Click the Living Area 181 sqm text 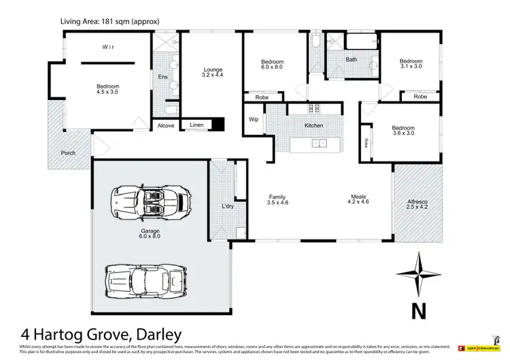coord(110,21)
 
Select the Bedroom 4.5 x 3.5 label coord(107,90)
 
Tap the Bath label coord(351,60)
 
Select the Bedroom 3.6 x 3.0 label coord(403,131)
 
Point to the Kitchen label coord(313,126)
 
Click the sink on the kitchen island coord(318,144)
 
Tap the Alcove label coord(166,126)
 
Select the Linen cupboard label coord(196,126)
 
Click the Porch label coord(68,152)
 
